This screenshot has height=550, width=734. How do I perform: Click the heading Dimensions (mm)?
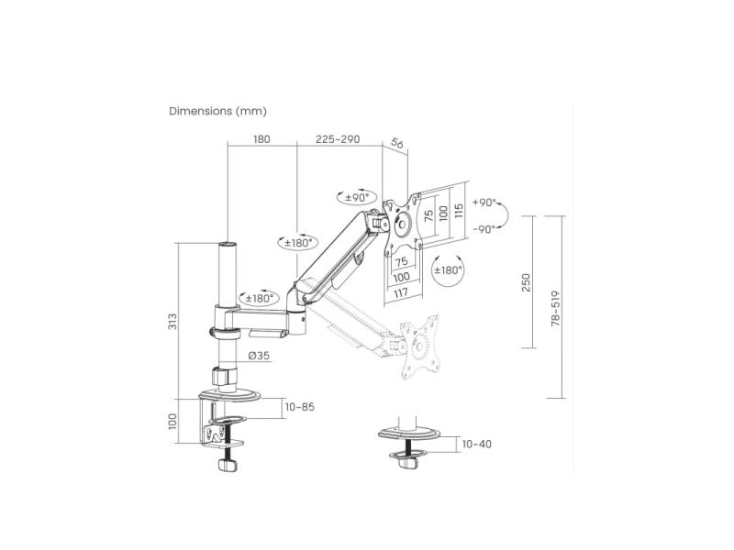[x=217, y=111]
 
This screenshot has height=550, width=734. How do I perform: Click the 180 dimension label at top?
[x=261, y=139]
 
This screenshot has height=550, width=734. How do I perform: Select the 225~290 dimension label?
[x=338, y=139]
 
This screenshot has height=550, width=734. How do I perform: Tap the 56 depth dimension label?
[x=396, y=143]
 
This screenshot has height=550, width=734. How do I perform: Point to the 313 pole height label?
[x=173, y=322]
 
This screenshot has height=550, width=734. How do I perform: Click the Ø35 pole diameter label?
[x=260, y=356]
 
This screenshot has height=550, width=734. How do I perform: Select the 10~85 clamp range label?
[x=300, y=407]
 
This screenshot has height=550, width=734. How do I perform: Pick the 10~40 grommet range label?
[x=477, y=445]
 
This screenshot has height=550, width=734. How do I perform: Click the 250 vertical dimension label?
[x=526, y=283]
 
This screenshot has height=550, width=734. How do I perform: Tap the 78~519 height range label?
[x=555, y=308]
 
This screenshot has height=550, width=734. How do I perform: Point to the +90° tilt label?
[x=484, y=203]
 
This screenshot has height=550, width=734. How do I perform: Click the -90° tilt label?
[x=484, y=229]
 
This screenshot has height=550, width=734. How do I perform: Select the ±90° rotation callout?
[x=357, y=197]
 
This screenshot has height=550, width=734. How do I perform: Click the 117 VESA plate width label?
[x=401, y=293]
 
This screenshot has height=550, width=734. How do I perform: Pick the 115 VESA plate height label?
[x=458, y=212]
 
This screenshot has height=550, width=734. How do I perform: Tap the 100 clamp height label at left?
[x=173, y=422]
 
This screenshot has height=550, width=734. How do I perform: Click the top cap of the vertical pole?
[x=228, y=244]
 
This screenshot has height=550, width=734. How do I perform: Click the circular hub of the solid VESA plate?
[x=403, y=224]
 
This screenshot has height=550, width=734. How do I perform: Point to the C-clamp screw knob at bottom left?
[x=228, y=465]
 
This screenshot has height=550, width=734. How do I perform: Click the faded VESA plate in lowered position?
[x=420, y=346]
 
